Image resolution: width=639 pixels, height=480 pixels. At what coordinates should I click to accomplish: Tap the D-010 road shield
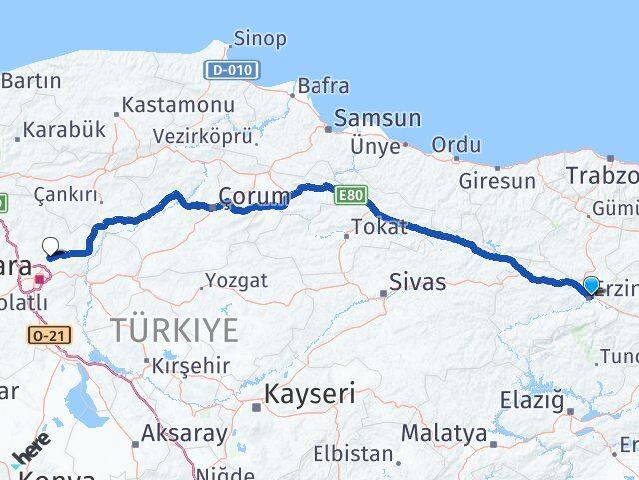tap(232, 70)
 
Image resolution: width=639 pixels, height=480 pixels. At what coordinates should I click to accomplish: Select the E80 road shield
tap(350, 194)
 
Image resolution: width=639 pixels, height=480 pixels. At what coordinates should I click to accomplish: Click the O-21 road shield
tap(49, 335)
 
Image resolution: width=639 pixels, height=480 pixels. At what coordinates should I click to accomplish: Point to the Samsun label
tap(377, 118)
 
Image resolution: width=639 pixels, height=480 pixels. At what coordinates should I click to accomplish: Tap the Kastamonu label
tap(178, 104)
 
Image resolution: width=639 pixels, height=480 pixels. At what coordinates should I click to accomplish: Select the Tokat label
tap(380, 227)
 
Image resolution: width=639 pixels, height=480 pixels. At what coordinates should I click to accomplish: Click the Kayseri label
tap(309, 394)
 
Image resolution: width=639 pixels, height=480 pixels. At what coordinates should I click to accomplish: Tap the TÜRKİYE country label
tap(175, 328)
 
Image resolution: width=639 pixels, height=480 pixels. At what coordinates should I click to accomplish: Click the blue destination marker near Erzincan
tap(591, 286)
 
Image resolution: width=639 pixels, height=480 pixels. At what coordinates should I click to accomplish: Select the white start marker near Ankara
tap(50, 245)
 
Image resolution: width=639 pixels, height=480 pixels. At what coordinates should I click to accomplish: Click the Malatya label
tap(444, 434)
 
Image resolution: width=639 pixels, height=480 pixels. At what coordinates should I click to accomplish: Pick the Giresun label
tap(497, 181)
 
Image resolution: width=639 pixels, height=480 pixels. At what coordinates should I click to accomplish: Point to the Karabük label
tap(63, 129)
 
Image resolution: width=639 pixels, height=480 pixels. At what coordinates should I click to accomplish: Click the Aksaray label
tap(183, 433)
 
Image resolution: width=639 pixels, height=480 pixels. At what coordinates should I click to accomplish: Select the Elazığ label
tap(529, 402)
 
